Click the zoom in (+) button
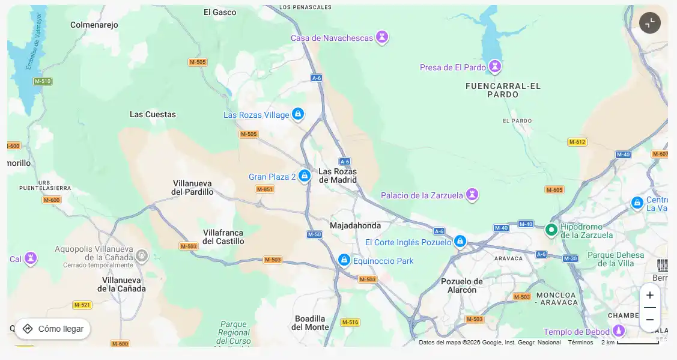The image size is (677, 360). click(x=649, y=295)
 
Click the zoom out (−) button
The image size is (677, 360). click(x=649, y=320)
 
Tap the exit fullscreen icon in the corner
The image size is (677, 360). click(x=649, y=23)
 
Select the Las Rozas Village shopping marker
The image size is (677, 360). click(x=297, y=114)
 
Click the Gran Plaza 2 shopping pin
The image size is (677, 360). click(x=305, y=175)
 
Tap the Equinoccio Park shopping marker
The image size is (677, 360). click(x=344, y=260)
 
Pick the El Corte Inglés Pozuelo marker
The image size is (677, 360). click(x=460, y=241)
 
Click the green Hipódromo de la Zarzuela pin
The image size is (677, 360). click(x=551, y=230)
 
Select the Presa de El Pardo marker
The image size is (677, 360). click(x=495, y=66)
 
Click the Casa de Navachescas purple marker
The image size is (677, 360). click(x=381, y=37)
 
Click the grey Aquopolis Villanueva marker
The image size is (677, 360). click(x=142, y=256)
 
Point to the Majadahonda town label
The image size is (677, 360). click(x=355, y=225)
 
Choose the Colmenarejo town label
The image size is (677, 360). click(x=94, y=25)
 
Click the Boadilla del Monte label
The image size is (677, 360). click(x=310, y=323)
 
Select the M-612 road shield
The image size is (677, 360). click(x=577, y=142)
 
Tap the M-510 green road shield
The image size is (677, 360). click(x=43, y=81)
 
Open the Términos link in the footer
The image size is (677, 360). click(x=580, y=342)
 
